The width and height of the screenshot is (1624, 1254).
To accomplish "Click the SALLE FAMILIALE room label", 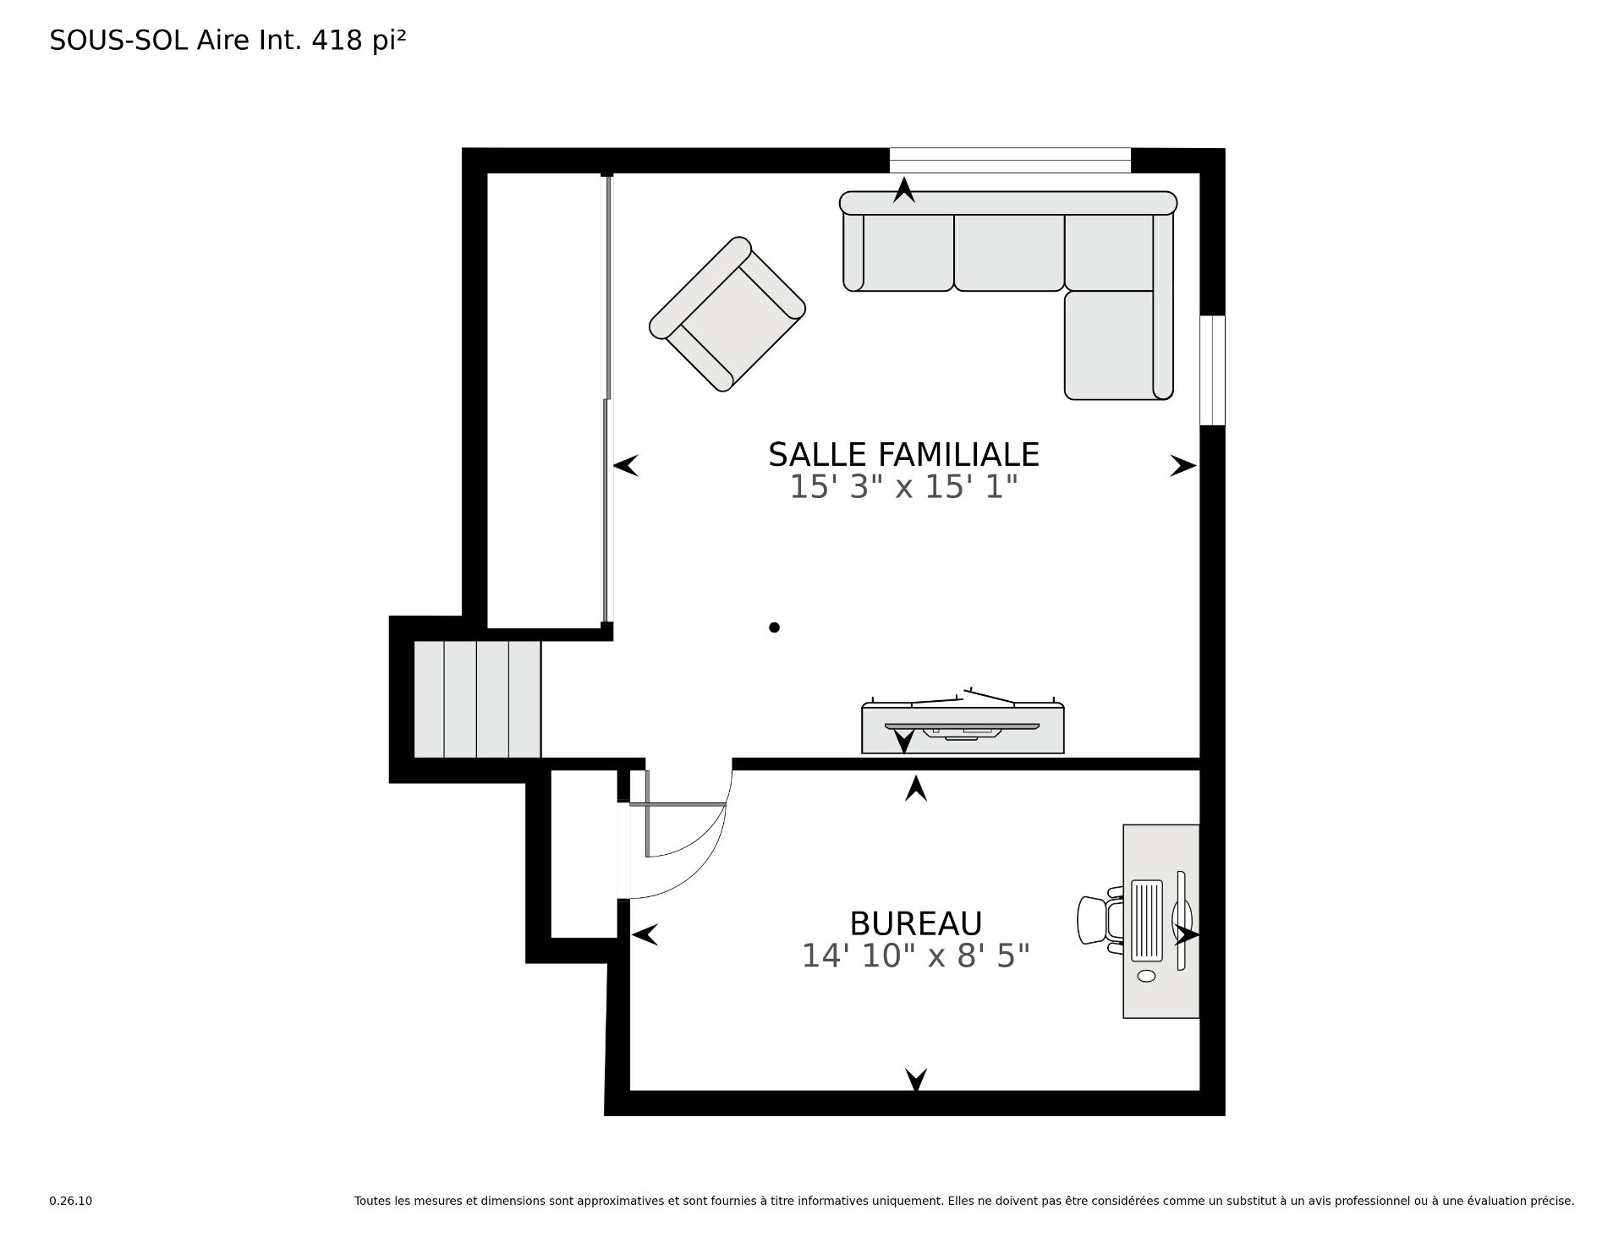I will [903, 455].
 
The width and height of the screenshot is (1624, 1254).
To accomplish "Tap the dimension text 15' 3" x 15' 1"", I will [903, 487].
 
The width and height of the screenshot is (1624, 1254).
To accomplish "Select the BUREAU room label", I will [915, 923].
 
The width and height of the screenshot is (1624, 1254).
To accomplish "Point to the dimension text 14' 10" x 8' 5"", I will [915, 956].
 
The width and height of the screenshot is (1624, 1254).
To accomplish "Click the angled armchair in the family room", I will [727, 314].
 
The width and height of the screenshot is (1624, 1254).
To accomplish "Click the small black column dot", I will [774, 627].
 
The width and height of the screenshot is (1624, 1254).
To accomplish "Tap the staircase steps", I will [477, 698].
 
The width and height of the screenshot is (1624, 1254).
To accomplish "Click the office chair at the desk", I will [1098, 920].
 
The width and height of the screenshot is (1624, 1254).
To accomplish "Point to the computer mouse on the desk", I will [1146, 976].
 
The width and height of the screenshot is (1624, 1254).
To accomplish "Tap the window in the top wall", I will [1009, 160].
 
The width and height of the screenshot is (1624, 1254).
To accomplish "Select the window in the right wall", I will [1212, 370].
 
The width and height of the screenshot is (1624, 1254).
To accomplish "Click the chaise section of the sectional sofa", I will [1110, 345].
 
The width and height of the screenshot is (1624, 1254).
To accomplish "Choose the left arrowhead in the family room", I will [626, 465].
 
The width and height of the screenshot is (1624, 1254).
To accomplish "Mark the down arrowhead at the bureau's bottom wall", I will [915, 1080].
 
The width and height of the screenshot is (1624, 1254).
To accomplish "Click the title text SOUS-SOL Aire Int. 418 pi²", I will [228, 41].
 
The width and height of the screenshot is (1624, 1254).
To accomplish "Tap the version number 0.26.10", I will [70, 1201].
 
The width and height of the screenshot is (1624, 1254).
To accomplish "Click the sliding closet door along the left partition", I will [606, 397].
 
